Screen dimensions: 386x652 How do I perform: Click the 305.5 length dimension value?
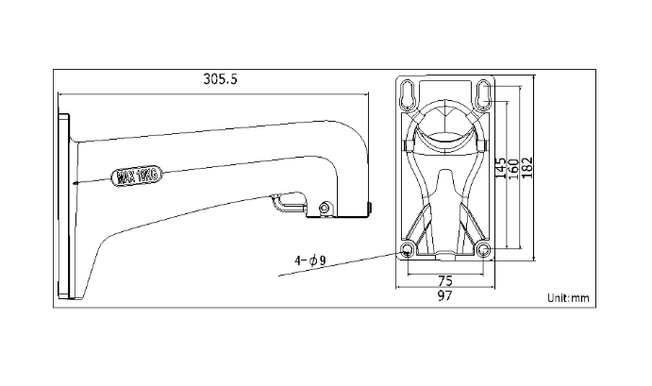point(220,80)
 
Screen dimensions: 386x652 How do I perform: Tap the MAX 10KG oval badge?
point(138,175)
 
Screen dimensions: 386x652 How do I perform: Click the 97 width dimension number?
point(444,296)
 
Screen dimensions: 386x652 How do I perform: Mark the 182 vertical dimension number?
point(529,165)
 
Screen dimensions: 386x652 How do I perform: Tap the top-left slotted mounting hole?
point(407,95)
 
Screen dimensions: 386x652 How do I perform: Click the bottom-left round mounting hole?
point(407,249)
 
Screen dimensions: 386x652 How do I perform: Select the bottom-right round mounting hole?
point(483,249)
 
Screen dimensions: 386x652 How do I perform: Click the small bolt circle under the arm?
point(325,208)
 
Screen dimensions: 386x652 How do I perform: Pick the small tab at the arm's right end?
point(369,207)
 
